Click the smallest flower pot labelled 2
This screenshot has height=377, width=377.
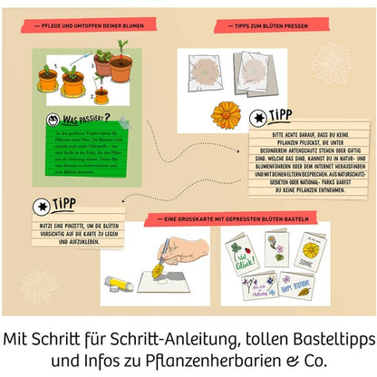click(x=101, y=93)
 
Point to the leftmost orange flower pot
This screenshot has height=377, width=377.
click(x=48, y=80)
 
